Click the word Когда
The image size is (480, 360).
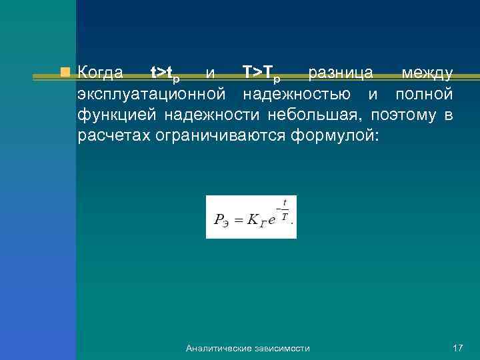coord(99,72)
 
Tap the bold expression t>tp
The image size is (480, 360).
coord(164,73)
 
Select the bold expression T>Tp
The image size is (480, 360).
coord(259,73)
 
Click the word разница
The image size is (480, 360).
coord(340,72)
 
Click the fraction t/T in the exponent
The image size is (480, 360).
coord(285,209)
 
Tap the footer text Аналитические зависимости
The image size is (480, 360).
coord(248,349)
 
